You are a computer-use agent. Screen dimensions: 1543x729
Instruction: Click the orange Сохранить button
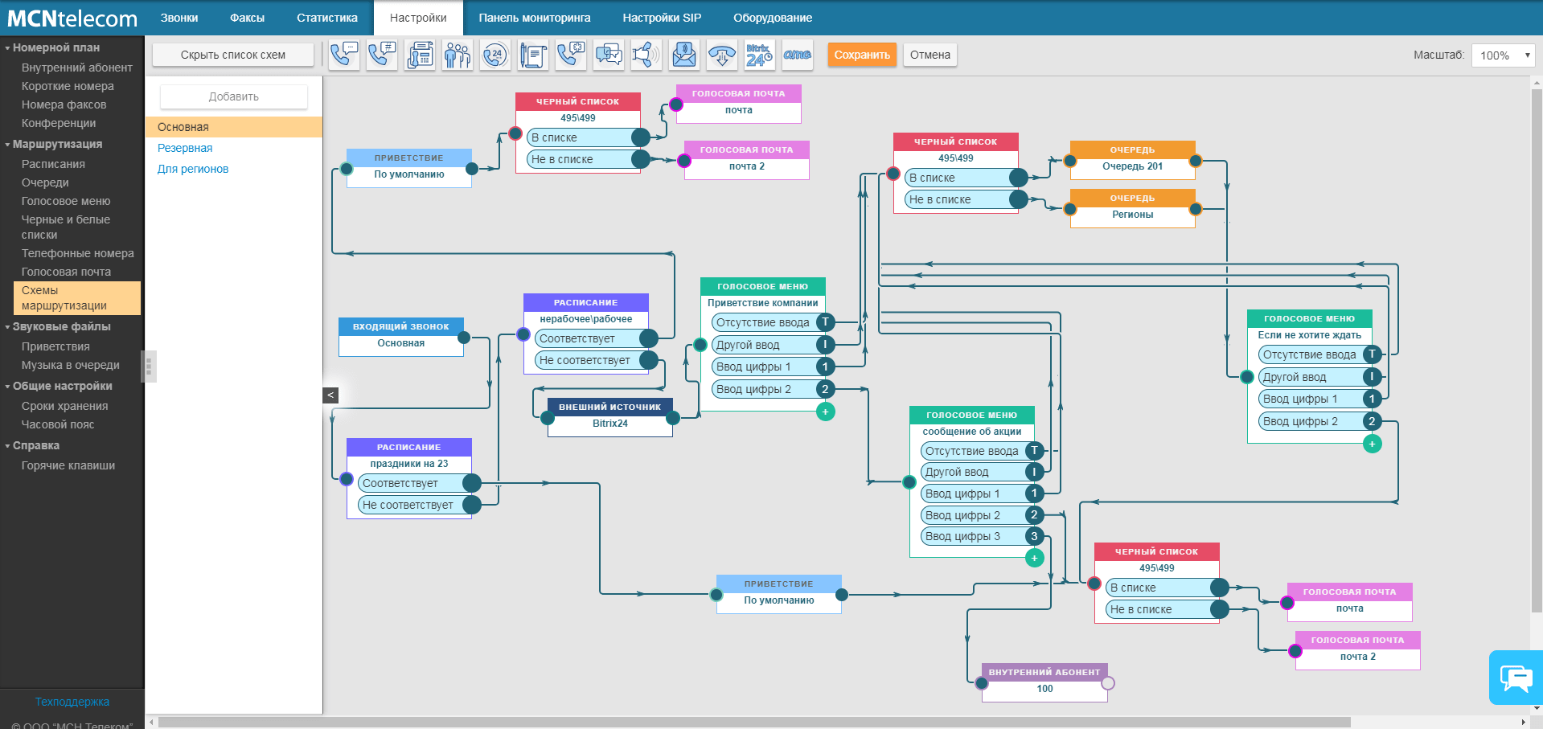pyautogui.click(x=862, y=55)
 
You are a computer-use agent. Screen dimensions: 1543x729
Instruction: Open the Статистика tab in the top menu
pyautogui.click(x=327, y=18)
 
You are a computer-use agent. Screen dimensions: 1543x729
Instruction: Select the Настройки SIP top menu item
pyautogui.click(x=662, y=18)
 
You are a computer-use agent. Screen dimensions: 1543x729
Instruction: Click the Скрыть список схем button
pyautogui.click(x=233, y=55)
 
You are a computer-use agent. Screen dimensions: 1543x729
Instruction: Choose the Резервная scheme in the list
pyautogui.click(x=185, y=148)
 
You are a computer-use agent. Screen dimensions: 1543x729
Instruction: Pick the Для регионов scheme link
pyautogui.click(x=193, y=169)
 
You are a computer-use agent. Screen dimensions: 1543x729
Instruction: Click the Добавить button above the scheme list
pyautogui.click(x=234, y=96)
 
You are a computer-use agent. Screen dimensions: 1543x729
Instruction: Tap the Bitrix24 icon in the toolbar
pyautogui.click(x=759, y=55)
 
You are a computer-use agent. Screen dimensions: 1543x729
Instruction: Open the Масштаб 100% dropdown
pyautogui.click(x=1503, y=55)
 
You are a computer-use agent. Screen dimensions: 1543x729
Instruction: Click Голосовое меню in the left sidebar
pyautogui.click(x=66, y=201)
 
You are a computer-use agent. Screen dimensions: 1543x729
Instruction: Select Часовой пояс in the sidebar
pyautogui.click(x=58, y=424)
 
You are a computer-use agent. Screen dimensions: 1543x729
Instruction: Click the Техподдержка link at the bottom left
pyautogui.click(x=72, y=702)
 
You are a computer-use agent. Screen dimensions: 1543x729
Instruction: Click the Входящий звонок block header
pyautogui.click(x=401, y=326)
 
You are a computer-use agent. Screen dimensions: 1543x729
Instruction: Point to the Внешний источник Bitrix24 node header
pyautogui.click(x=610, y=407)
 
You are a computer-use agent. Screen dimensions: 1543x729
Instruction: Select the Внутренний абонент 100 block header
pyautogui.click(x=1044, y=672)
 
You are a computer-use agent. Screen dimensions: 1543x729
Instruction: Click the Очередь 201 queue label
pyautogui.click(x=1133, y=166)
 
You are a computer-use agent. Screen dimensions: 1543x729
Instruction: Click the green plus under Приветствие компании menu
pyautogui.click(x=825, y=412)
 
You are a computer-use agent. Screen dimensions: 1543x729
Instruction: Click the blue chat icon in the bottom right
pyautogui.click(x=1516, y=678)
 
